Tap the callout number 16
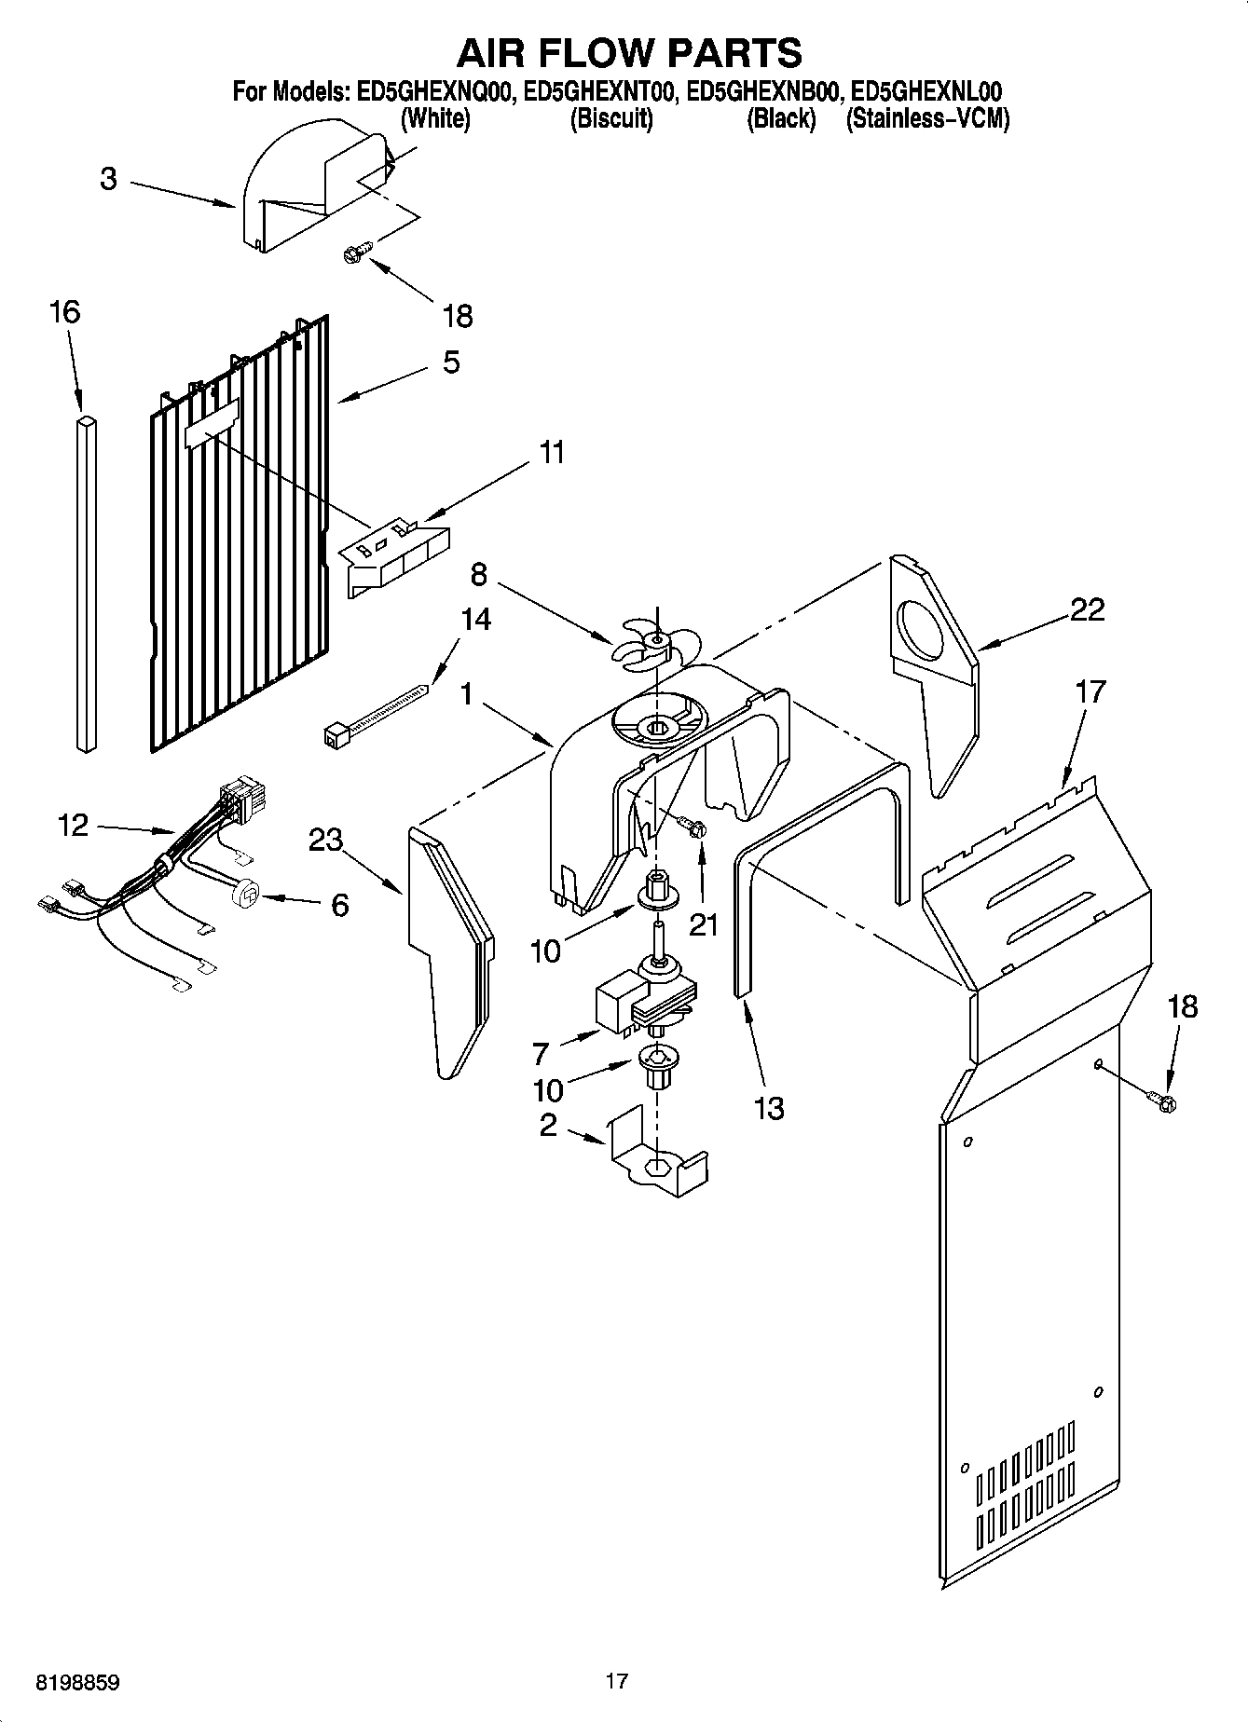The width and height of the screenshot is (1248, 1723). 64,312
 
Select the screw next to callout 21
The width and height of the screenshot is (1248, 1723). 693,827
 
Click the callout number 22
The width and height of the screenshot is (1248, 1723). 1087,609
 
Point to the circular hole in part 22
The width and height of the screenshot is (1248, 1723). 922,630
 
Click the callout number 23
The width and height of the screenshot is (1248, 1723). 326,841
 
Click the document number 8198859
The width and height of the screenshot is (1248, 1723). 77,1682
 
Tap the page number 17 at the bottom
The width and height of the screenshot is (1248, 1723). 616,1681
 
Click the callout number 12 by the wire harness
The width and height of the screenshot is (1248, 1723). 73,825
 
